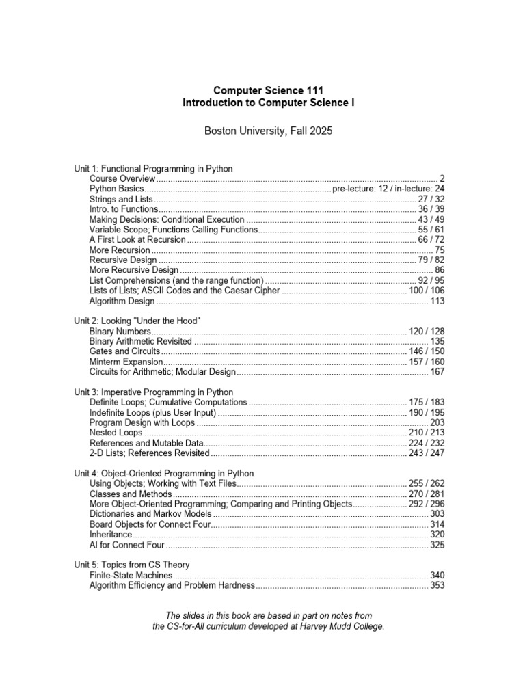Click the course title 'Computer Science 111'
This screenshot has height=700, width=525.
coord(268,90)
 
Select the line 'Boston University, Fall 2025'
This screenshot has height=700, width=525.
coord(268,131)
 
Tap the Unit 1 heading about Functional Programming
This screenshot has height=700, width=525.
coord(153,168)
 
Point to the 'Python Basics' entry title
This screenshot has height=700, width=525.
coord(116,189)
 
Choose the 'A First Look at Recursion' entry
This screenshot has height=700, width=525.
coord(137,240)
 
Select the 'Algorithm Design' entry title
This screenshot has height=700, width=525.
coord(122,301)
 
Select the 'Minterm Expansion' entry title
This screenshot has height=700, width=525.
coord(126,362)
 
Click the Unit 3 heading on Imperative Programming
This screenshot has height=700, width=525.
coord(153,392)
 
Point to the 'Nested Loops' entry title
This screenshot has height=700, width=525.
coord(116,433)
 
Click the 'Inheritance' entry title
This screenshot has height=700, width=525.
coord(110,534)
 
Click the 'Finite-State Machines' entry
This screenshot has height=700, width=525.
coord(131,576)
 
